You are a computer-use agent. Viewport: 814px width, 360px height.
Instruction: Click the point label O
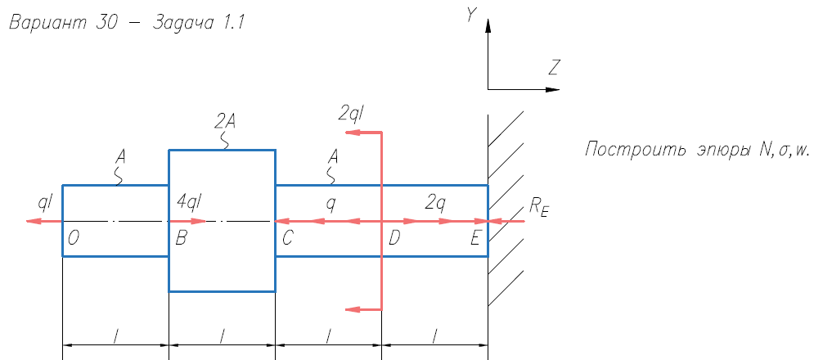pos(73,238)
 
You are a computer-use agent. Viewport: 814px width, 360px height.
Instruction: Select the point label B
pos(181,238)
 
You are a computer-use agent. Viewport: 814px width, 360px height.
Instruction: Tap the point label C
pos(288,238)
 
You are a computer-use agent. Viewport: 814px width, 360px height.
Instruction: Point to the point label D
pos(394,238)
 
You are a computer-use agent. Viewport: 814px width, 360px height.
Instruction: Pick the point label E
pos(476,238)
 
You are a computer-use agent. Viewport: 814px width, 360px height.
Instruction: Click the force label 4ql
pos(187,200)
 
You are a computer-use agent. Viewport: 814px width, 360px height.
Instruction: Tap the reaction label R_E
pos(538,208)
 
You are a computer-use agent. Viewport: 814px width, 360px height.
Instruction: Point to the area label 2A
pos(225,122)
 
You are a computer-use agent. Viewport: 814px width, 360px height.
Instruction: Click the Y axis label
pos(471,16)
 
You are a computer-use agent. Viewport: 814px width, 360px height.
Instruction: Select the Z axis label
pos(554,68)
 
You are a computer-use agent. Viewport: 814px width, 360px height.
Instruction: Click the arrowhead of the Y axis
pos(488,26)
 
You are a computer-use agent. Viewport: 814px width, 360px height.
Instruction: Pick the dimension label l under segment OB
pos(115,336)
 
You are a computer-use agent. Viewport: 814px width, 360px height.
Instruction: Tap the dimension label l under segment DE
pos(435,336)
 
